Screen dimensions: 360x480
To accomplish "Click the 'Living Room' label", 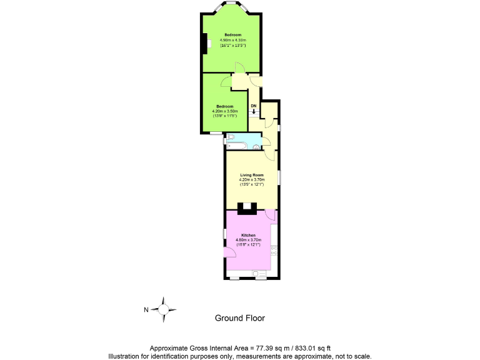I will pyautogui.click(x=252, y=175).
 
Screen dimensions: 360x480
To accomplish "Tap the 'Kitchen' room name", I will pyautogui.click(x=248, y=235).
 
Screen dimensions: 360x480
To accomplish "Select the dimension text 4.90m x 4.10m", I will pyautogui.click(x=232, y=40).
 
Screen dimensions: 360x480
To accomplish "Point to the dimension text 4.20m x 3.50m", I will pyautogui.click(x=225, y=111).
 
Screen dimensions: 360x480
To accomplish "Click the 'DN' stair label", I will pyautogui.click(x=253, y=106).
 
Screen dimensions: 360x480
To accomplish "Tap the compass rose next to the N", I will pyautogui.click(x=164, y=309).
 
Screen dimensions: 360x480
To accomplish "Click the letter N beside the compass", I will pyautogui.click(x=146, y=309).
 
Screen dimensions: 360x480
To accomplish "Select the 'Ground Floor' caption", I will pyautogui.click(x=240, y=318).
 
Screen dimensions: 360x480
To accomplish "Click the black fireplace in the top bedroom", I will pyautogui.click(x=204, y=44).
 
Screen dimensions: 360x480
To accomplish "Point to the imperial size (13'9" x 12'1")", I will pyautogui.click(x=252, y=184).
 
